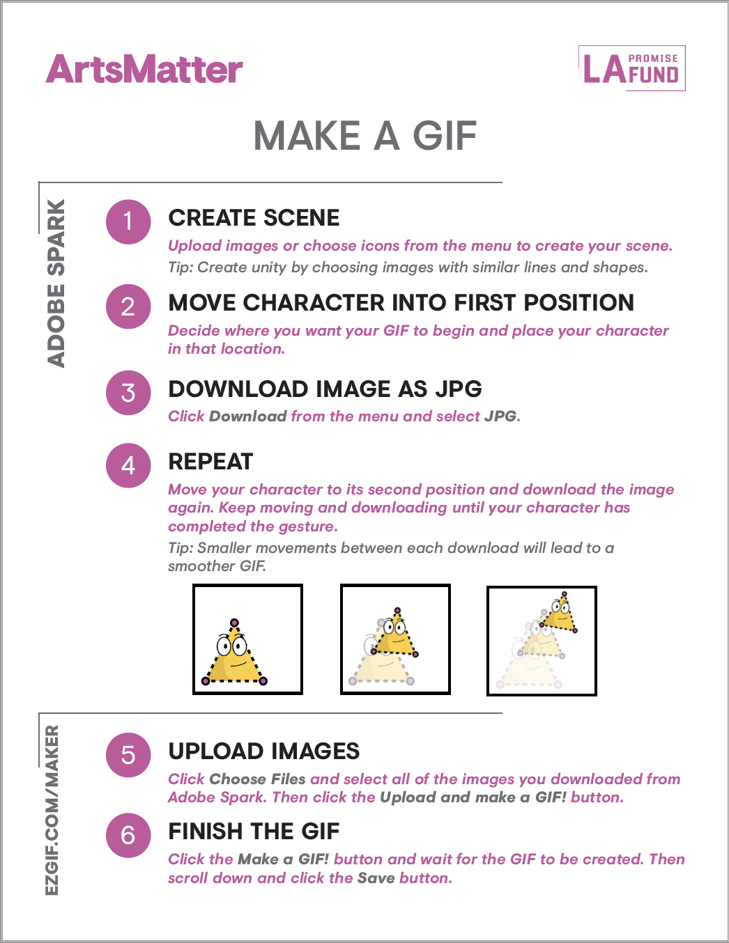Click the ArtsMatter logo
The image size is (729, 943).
pyautogui.click(x=144, y=69)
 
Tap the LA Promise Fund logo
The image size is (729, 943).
pyautogui.click(x=631, y=68)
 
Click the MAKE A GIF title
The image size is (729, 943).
pyautogui.click(x=364, y=136)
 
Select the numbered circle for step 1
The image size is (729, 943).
pyautogui.click(x=128, y=221)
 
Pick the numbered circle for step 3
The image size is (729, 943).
pyautogui.click(x=128, y=393)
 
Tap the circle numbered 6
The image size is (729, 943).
pyautogui.click(x=128, y=835)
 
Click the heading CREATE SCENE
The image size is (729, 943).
pyautogui.click(x=254, y=217)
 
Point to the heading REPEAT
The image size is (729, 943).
pyautogui.click(x=210, y=461)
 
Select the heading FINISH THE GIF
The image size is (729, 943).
pyautogui.click(x=254, y=832)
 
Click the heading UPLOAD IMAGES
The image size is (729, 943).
pyautogui.click(x=264, y=751)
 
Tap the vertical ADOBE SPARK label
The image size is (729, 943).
pyautogui.click(x=56, y=283)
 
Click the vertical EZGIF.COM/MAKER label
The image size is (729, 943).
pyautogui.click(x=52, y=810)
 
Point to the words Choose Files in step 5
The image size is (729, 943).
pyautogui.click(x=257, y=779)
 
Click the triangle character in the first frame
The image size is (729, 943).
pyautogui.click(x=234, y=653)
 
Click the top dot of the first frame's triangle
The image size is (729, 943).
pyautogui.click(x=234, y=623)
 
